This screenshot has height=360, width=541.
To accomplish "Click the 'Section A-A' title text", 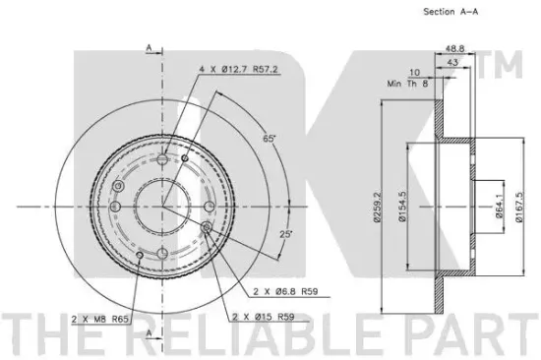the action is [451, 12].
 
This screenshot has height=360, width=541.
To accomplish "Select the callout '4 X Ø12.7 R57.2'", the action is [238, 70].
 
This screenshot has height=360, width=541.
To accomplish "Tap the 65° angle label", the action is [270, 139].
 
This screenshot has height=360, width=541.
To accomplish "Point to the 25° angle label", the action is [285, 234].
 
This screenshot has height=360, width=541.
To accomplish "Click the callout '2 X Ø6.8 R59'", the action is [285, 292].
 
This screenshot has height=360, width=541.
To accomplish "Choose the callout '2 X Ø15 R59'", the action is [264, 317].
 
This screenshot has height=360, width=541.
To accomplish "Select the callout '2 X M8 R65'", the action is [99, 320].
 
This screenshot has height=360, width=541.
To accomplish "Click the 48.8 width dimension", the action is [454, 48].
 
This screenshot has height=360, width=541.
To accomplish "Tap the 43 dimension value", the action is [452, 62].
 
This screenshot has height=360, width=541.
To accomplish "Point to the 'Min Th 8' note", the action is [407, 84].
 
